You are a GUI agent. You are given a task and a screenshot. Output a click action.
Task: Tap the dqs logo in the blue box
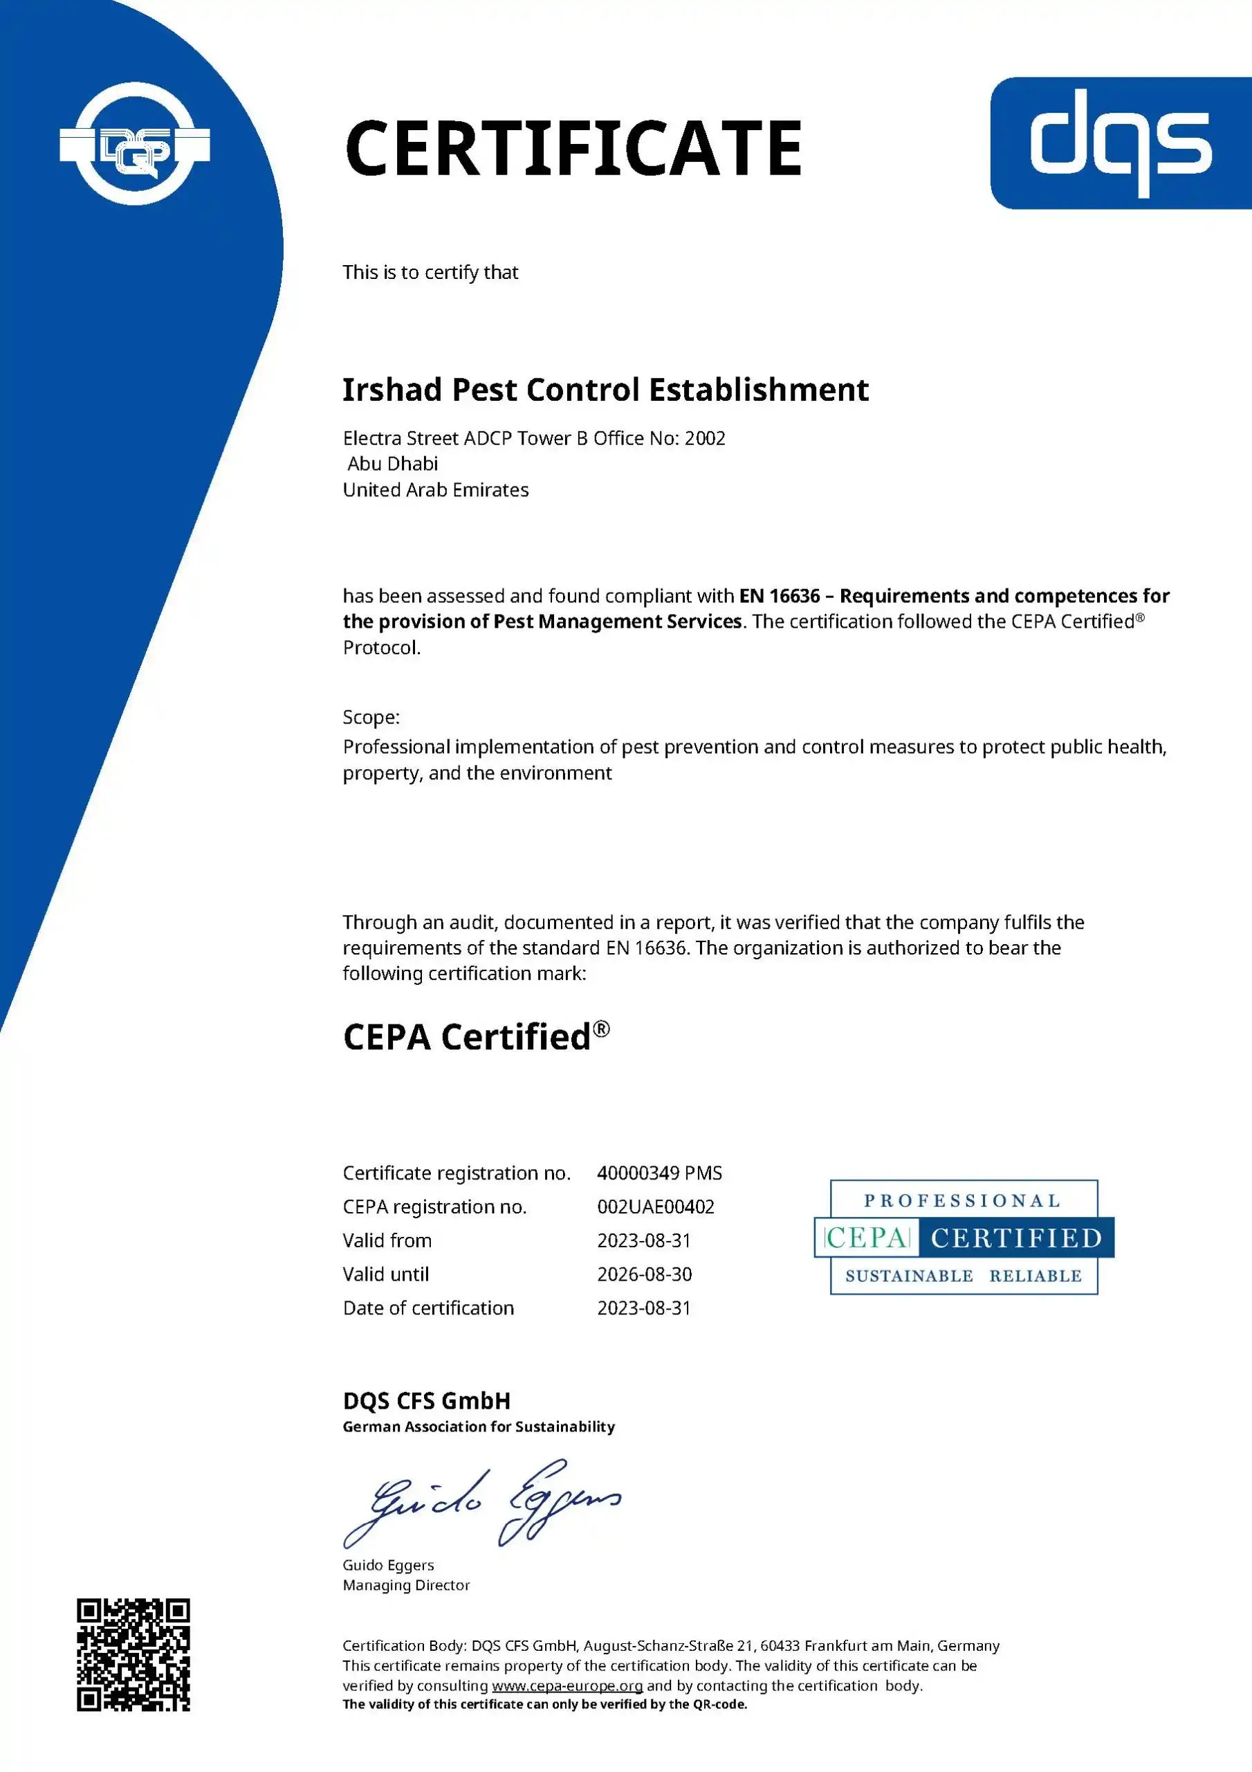(x=1121, y=142)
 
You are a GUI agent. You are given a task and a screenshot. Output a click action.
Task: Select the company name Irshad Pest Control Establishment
(x=605, y=390)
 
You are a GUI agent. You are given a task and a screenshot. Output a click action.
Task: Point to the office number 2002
(x=705, y=438)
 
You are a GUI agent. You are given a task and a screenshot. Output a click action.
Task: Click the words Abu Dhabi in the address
(x=393, y=464)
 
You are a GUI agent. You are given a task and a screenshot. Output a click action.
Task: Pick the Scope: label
(x=371, y=717)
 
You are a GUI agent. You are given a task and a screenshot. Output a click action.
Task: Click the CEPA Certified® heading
(x=476, y=1036)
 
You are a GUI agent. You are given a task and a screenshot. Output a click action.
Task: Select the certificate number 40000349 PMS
(x=660, y=1173)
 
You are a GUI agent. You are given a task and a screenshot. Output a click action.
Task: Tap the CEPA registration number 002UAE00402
(x=656, y=1207)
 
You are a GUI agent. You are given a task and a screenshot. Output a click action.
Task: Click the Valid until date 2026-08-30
(x=644, y=1274)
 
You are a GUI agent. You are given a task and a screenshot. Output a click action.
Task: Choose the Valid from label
(x=387, y=1240)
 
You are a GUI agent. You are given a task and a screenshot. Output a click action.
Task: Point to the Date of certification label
(x=428, y=1308)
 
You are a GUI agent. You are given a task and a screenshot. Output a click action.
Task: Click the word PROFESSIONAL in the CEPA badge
(x=963, y=1201)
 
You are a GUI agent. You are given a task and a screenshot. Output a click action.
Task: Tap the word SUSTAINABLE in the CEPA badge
(x=910, y=1276)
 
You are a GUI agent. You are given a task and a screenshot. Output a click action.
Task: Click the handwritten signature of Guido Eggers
(x=482, y=1503)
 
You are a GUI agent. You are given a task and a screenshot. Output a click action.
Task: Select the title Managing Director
(x=407, y=1585)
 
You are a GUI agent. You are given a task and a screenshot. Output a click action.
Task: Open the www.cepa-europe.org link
(x=567, y=1685)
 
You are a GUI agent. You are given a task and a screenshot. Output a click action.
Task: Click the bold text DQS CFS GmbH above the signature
(x=427, y=1401)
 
